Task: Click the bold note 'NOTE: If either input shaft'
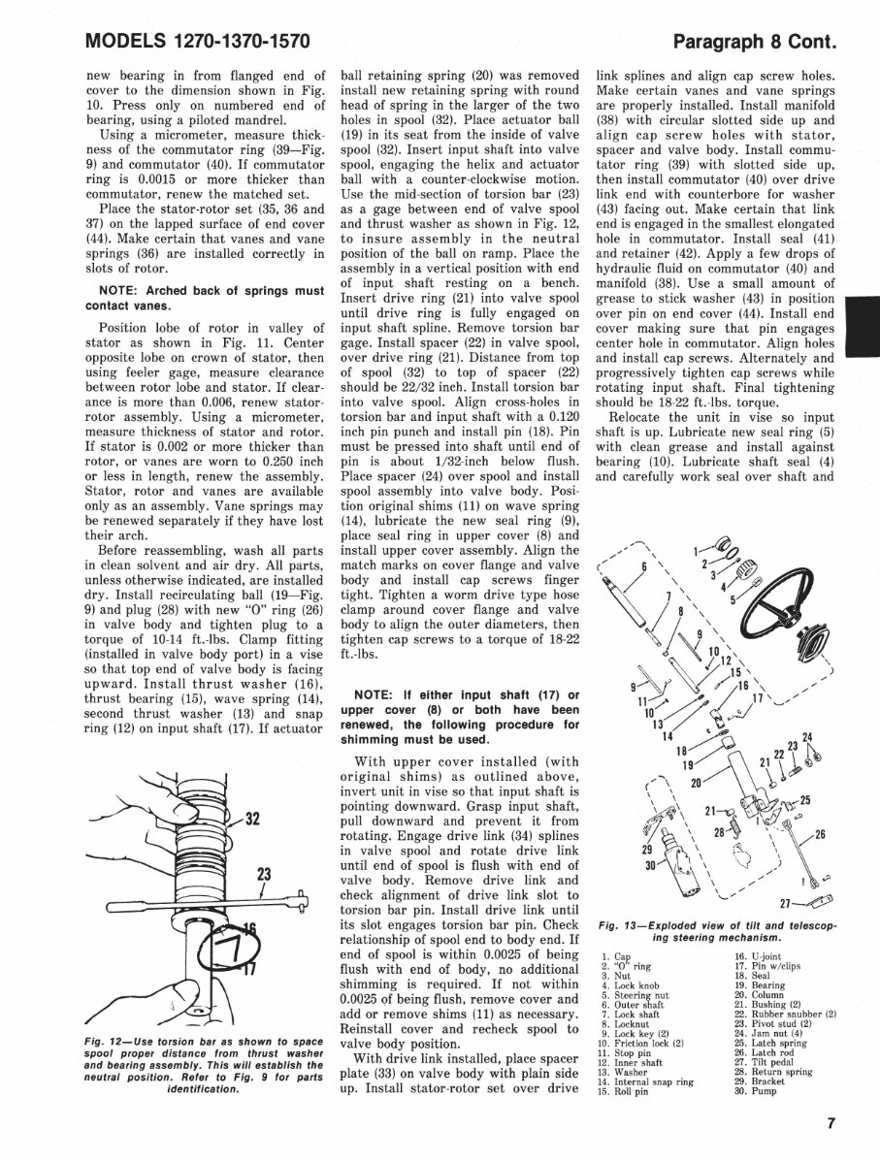461,714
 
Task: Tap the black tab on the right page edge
862,329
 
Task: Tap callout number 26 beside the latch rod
820,834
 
